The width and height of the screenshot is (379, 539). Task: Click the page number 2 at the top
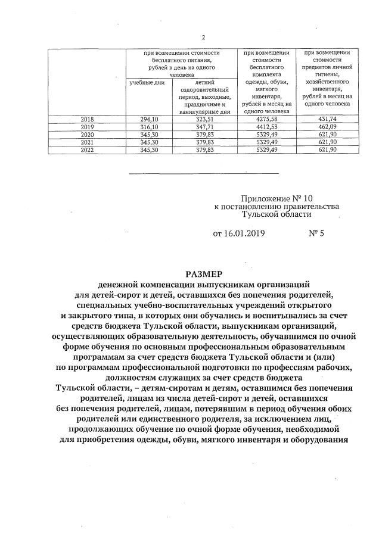203,38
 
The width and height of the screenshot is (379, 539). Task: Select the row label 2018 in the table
87,119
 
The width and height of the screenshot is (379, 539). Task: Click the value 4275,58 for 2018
267,119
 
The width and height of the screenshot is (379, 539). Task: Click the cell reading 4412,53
267,127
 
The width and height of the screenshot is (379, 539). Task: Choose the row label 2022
87,149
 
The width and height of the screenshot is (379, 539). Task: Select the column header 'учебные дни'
147,82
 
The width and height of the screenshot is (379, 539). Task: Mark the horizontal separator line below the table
203,173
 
